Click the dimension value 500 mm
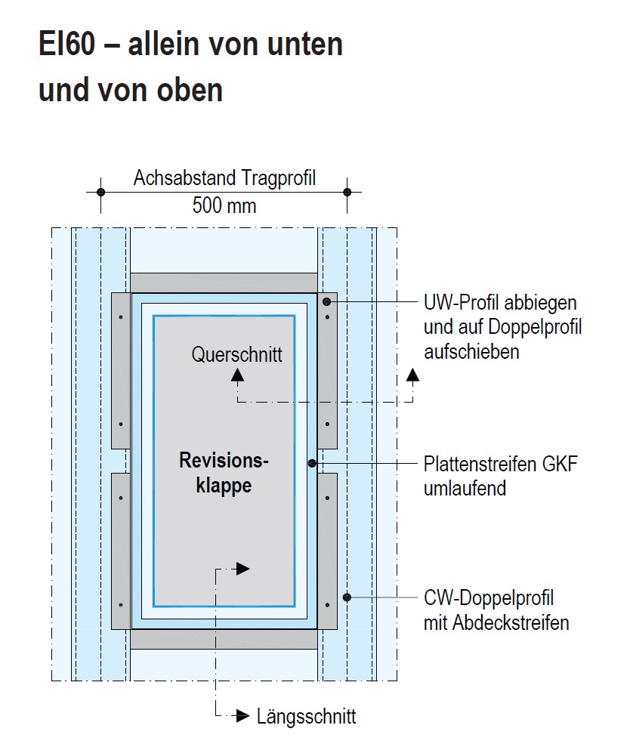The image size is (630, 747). [224, 205]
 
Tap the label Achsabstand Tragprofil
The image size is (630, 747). [224, 179]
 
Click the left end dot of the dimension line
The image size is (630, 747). [100, 192]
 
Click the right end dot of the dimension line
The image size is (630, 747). [347, 192]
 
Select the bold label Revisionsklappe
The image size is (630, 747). [224, 472]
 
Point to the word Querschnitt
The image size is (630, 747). [237, 353]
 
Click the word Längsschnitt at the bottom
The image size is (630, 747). [306, 716]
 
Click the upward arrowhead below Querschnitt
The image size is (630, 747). [237, 373]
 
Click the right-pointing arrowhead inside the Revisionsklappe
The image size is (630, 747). [242, 569]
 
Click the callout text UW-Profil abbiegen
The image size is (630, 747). [500, 303]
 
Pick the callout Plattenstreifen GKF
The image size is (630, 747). [500, 464]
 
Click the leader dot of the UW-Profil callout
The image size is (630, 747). [326, 302]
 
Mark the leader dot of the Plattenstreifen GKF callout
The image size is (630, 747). [312, 463]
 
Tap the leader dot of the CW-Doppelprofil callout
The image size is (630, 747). [347, 597]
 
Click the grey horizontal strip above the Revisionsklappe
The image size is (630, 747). [224, 282]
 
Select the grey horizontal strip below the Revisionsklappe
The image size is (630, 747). [224, 639]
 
